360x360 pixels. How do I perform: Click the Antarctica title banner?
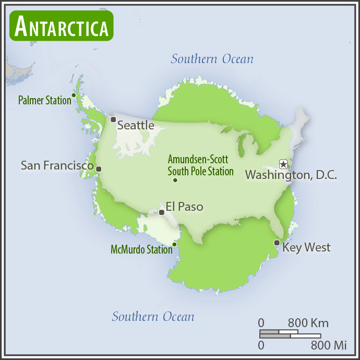click(62, 26)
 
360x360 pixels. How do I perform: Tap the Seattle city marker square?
click(113, 119)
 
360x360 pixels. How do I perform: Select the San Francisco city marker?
click(99, 169)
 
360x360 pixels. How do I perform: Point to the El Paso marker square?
click(161, 212)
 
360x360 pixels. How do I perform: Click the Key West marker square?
click(277, 242)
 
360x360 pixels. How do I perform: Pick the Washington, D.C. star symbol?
click(283, 164)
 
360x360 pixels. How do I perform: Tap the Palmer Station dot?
click(74, 95)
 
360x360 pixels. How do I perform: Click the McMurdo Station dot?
click(174, 244)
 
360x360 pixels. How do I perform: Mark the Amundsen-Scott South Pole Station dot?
click(175, 181)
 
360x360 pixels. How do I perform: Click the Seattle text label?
click(136, 125)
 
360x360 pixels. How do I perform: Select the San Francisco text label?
click(57, 165)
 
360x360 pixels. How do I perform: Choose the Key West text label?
click(306, 247)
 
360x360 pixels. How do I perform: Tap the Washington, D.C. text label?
click(291, 175)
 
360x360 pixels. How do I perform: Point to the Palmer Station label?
click(44, 100)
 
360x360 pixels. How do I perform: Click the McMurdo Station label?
click(141, 250)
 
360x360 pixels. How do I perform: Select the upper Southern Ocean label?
click(212, 59)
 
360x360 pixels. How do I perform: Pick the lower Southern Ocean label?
click(153, 317)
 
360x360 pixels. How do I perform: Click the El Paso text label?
click(184, 207)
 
